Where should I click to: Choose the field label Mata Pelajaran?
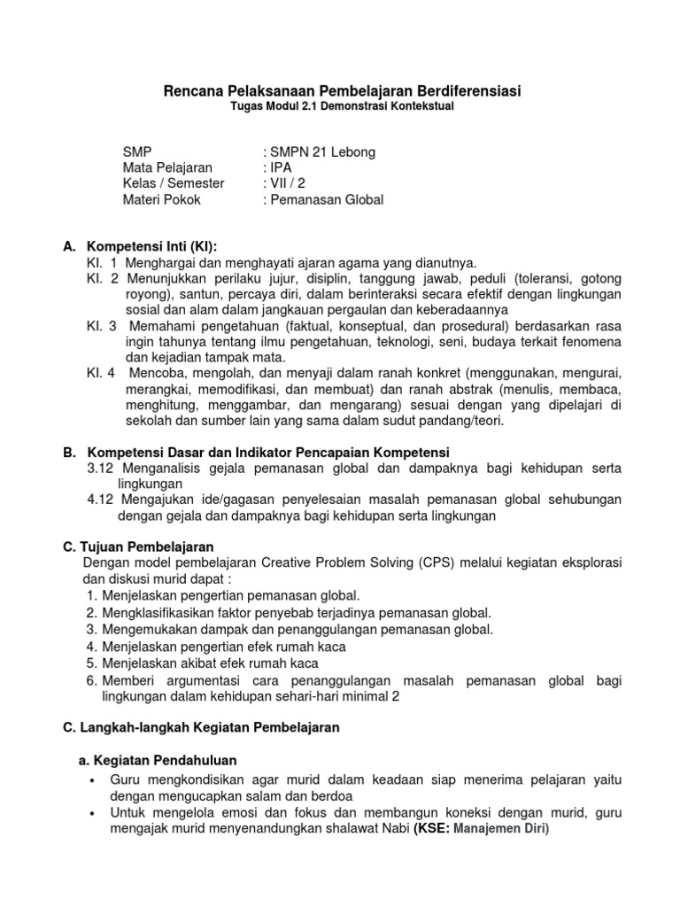point(167,168)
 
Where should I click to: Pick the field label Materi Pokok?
point(162,200)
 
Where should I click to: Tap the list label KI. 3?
point(102,325)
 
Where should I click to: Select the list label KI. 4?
point(102,373)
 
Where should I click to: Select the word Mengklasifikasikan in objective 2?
point(159,613)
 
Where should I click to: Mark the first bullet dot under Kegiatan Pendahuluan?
point(93,779)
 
